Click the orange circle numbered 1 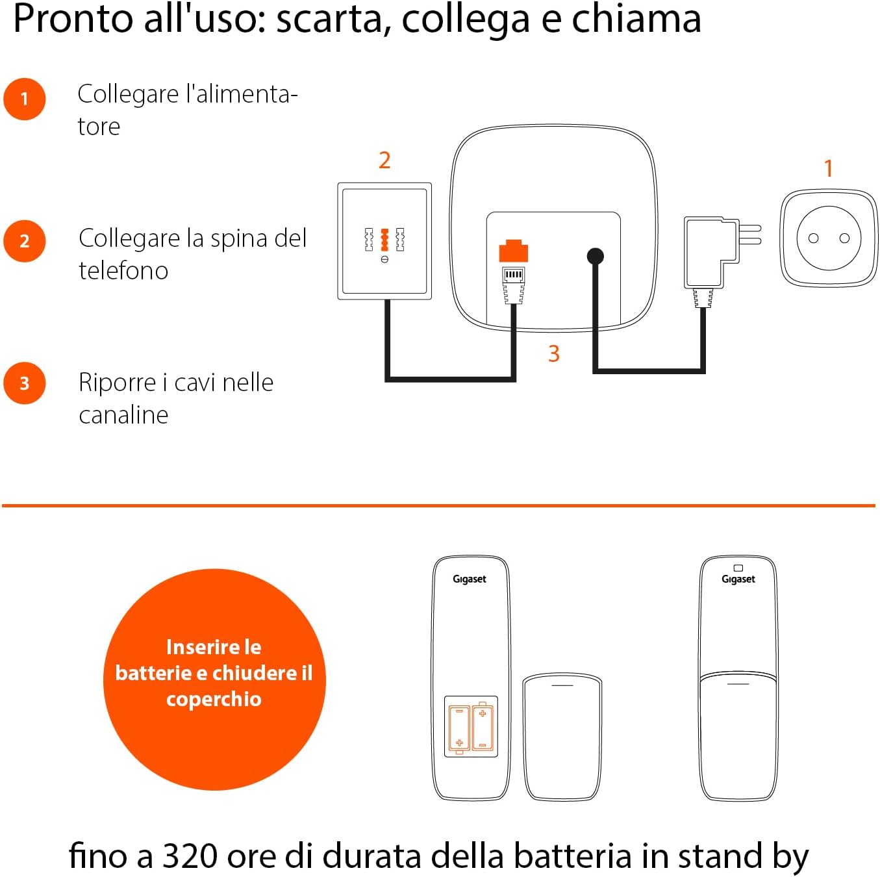25,99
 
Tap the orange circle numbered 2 25,241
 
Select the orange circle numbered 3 25,383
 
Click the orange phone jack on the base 513,251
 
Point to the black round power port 595,256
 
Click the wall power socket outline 829,238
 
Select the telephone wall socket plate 384,241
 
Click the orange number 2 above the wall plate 384,160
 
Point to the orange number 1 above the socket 828,169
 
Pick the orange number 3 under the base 553,354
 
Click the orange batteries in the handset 471,726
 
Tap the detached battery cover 562,737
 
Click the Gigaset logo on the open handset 470,579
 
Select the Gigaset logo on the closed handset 738,579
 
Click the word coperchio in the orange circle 214,699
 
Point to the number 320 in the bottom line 190,856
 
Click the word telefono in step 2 123,270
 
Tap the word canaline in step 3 123,414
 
